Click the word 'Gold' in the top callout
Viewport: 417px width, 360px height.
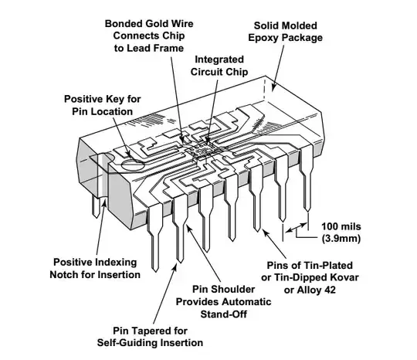[154, 22]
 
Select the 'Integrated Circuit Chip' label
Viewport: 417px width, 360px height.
[220, 66]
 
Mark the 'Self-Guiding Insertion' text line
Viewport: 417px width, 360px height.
[151, 341]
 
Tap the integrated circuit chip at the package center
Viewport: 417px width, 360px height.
[203, 145]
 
